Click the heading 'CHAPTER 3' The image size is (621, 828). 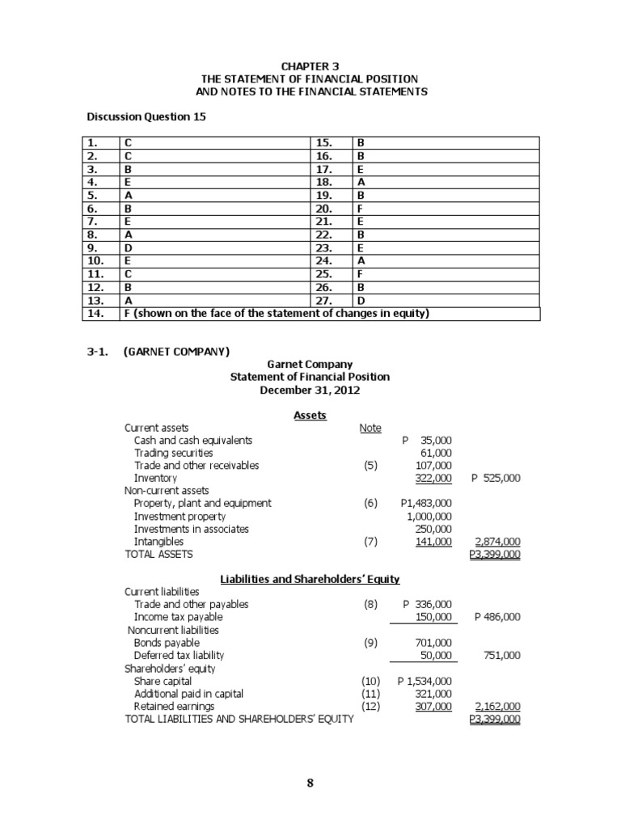(x=310, y=65)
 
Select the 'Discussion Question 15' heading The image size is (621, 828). (x=146, y=117)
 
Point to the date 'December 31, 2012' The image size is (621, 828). (x=310, y=390)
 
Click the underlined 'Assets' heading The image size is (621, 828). (x=310, y=415)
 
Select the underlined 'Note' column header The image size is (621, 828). (x=370, y=428)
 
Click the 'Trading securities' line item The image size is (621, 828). (x=173, y=453)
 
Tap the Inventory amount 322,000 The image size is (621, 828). (x=433, y=478)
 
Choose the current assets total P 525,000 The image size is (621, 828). (x=496, y=478)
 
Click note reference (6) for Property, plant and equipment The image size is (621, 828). (x=370, y=503)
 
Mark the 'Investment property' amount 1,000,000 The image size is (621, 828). (x=429, y=516)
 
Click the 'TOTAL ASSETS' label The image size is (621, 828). (x=158, y=554)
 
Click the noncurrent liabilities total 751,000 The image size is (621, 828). (x=501, y=656)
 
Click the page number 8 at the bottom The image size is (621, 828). (x=310, y=783)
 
